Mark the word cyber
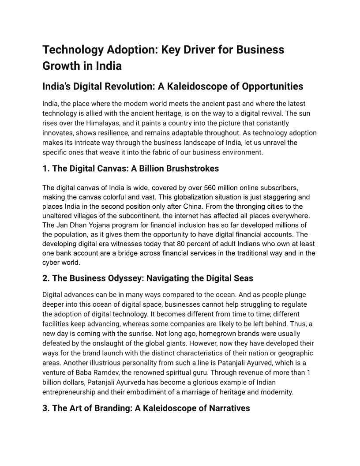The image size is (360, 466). click(x=51, y=262)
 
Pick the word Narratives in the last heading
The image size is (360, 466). click(x=226, y=408)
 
